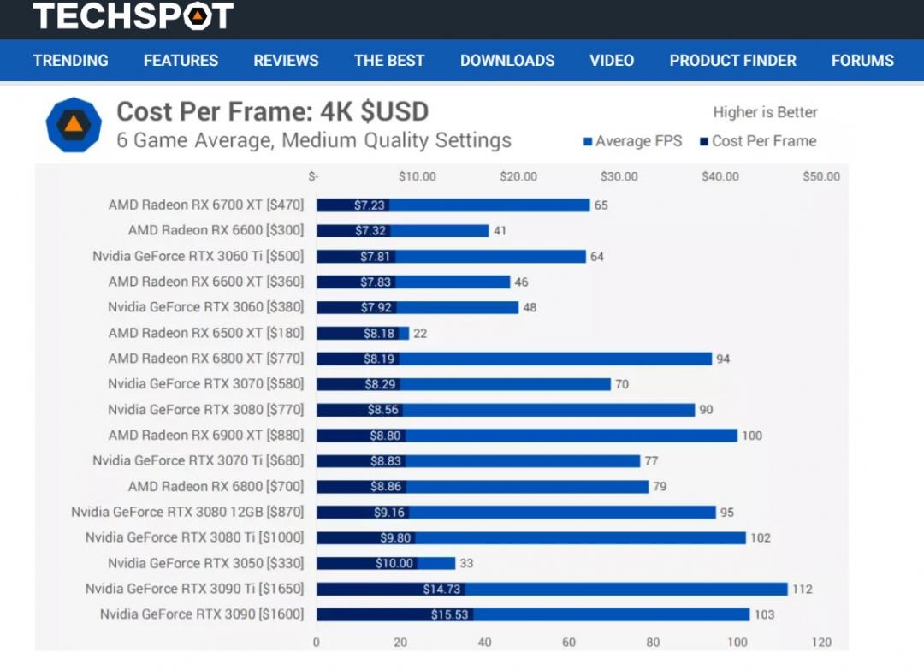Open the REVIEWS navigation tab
pos(286,61)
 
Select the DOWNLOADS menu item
pos(507,61)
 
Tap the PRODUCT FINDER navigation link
pos(732,61)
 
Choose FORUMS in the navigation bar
pos(862,61)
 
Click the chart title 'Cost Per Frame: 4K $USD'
pos(272,112)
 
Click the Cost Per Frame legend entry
pos(758,141)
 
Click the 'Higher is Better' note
pos(765,112)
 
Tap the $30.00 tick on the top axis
pos(619,177)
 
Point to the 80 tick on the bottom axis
pos(653,643)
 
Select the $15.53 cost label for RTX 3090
pos(448,615)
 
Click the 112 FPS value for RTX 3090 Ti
pos(802,590)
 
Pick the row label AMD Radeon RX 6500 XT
pos(206,333)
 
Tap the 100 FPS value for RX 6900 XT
pos(751,436)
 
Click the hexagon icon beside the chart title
pos(74,125)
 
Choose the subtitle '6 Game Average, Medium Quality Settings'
pos(314,140)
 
